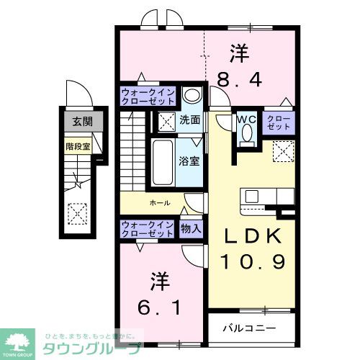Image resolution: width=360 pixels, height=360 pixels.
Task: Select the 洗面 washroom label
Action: point(190,120)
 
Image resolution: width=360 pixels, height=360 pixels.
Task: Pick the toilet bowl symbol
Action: point(248,135)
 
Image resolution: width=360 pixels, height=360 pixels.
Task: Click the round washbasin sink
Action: point(191,96)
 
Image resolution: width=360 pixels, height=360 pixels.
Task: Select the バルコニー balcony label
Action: point(248,328)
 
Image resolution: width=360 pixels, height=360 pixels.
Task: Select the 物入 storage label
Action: point(192,228)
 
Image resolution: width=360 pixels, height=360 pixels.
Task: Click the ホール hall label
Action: point(160,203)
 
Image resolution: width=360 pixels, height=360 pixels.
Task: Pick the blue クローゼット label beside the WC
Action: point(278,123)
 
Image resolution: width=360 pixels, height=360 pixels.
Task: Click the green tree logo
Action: point(21,341)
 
